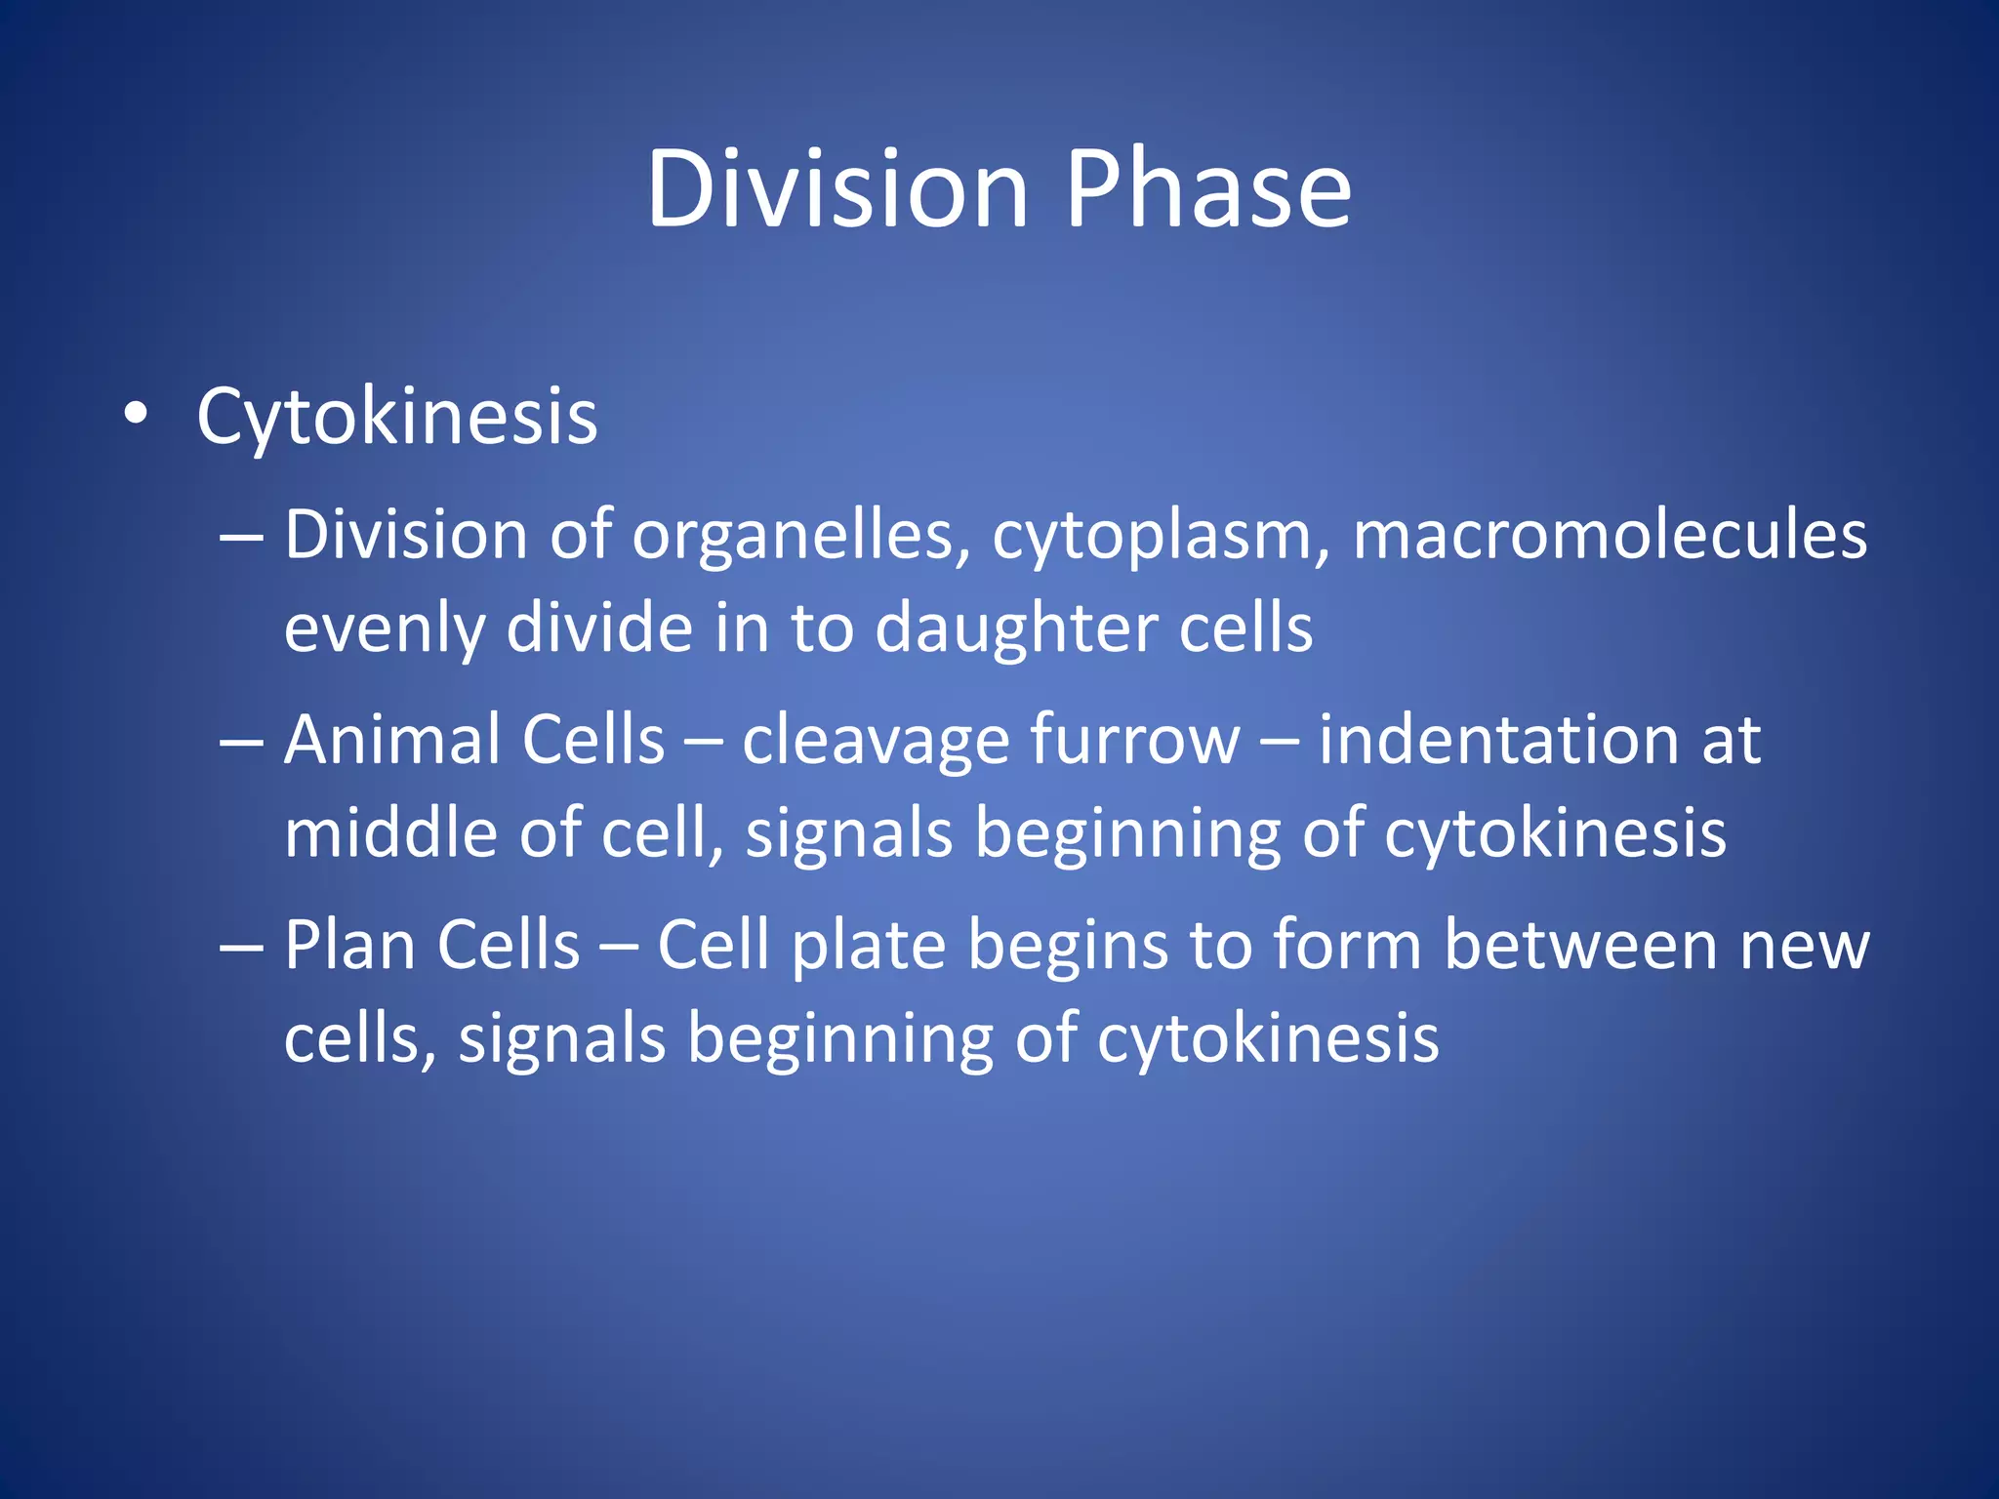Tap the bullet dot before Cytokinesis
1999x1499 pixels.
pos(137,415)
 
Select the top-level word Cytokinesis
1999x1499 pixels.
pos(396,418)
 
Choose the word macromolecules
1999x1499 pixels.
pos(1609,537)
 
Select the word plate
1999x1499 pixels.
pos(869,947)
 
